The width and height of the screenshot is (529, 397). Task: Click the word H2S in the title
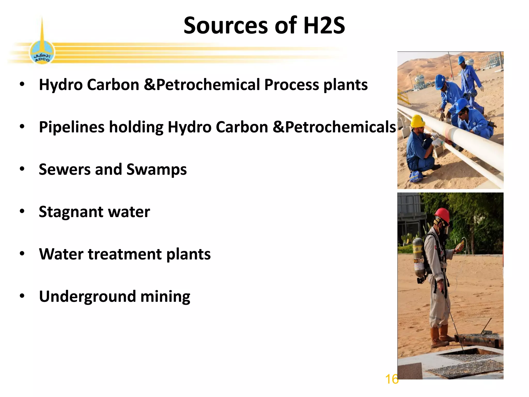pos(324,25)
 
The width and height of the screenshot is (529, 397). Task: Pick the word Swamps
pos(157,170)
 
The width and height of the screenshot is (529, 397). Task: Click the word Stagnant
pos(71,212)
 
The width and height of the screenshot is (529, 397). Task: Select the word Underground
pos(87,296)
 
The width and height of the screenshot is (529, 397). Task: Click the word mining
pos(165,296)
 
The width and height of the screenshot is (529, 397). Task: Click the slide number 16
pos(392,379)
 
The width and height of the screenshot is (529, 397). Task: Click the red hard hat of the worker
pos(442,215)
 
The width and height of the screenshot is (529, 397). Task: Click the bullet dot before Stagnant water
pos(22,211)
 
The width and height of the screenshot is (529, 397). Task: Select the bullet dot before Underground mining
pos(22,296)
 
